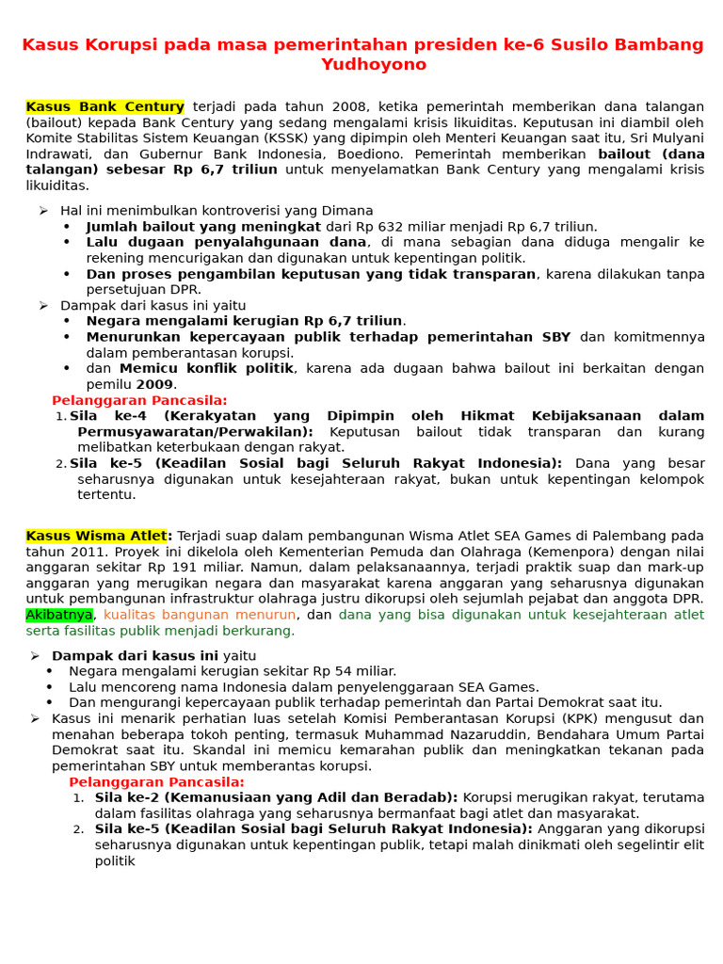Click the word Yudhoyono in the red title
point(374,65)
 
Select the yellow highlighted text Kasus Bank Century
point(104,107)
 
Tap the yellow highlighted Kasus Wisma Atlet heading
point(97,536)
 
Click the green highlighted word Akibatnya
point(59,615)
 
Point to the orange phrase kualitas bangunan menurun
point(201,615)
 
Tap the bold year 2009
point(154,384)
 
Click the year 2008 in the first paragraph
point(350,107)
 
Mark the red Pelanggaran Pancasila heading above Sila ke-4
point(139,400)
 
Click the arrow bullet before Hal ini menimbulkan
point(43,211)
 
